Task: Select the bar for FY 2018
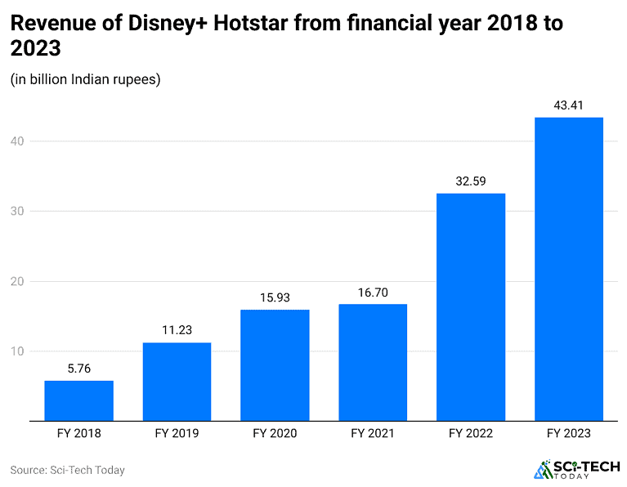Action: (78, 401)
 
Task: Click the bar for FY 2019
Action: (177, 382)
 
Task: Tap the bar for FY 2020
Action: (275, 365)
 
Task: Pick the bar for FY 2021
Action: (373, 363)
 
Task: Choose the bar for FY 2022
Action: (471, 307)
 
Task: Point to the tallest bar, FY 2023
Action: (569, 270)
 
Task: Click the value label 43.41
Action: (569, 105)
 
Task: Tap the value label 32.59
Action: (471, 181)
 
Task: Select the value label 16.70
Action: (373, 292)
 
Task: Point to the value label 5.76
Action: (78, 369)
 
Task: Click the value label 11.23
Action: (177, 330)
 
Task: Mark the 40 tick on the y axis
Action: (18, 141)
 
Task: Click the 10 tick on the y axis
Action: (18, 351)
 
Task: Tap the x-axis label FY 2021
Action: (373, 434)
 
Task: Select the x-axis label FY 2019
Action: (177, 434)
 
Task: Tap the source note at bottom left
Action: (67, 470)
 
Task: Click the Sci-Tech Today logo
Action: (571, 469)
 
